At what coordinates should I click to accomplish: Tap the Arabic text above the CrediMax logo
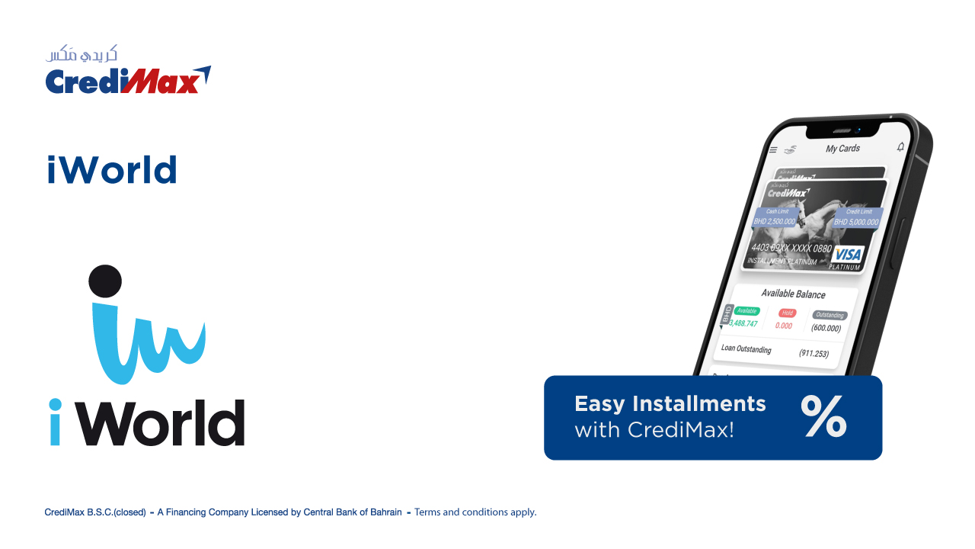[x=82, y=54]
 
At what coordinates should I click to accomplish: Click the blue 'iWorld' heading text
[x=112, y=170]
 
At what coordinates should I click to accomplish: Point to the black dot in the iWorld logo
[x=105, y=281]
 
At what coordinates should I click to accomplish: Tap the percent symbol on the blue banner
[x=823, y=416]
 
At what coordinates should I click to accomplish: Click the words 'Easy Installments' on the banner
[x=670, y=403]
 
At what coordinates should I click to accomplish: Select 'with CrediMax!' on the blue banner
[x=654, y=430]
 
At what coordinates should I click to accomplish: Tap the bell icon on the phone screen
[x=901, y=146]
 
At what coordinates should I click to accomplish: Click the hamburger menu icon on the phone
[x=773, y=149]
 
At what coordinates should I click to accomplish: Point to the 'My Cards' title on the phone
[x=842, y=149]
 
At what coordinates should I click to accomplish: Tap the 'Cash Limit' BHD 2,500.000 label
[x=775, y=217]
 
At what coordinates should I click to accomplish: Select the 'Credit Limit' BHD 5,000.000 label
[x=857, y=217]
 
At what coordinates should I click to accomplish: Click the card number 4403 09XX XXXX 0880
[x=791, y=249]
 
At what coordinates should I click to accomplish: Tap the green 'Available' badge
[x=746, y=310]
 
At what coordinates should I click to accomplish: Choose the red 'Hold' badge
[x=787, y=313]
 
